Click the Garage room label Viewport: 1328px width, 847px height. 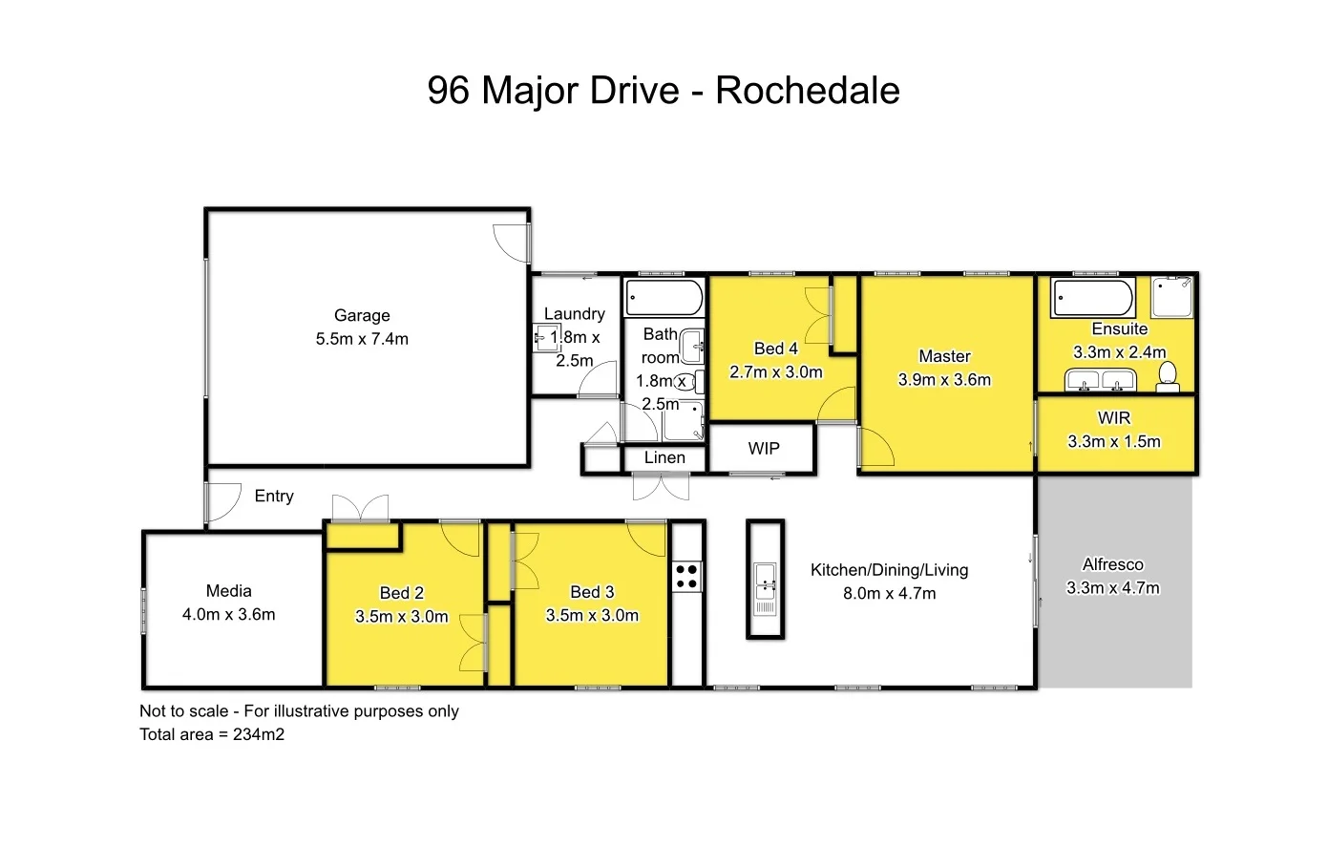[x=362, y=315]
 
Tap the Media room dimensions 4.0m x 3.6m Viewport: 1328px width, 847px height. [x=229, y=615]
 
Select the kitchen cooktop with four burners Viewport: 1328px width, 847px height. [x=686, y=576]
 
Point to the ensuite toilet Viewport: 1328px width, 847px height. [x=1167, y=378]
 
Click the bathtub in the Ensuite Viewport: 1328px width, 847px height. [x=1093, y=298]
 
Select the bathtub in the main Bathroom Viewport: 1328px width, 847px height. [x=664, y=298]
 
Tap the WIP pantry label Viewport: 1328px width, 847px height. [x=763, y=449]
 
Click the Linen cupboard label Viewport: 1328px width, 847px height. [x=664, y=458]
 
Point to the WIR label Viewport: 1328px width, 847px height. [x=1114, y=418]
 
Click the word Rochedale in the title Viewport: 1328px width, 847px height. [x=807, y=91]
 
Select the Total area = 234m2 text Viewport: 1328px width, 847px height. [x=212, y=734]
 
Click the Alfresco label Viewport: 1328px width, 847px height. [x=1112, y=564]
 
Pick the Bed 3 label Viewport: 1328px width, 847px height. [x=592, y=592]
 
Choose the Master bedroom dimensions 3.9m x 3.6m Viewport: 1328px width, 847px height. [x=944, y=380]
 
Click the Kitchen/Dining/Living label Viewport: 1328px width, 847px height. [x=889, y=570]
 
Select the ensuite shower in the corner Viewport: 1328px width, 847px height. [x=1171, y=297]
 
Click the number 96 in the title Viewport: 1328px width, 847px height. [x=448, y=91]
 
